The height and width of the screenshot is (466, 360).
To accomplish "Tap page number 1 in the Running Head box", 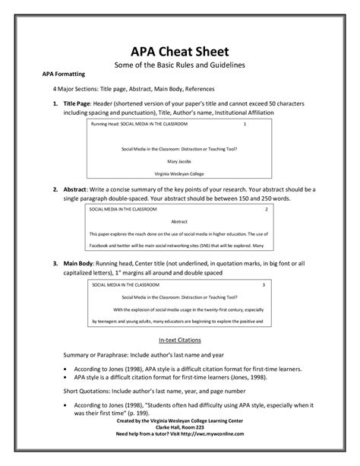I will tap(245, 122).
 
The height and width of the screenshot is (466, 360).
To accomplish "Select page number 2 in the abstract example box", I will tap(265, 208).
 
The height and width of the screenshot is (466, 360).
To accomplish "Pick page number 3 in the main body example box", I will tap(263, 284).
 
